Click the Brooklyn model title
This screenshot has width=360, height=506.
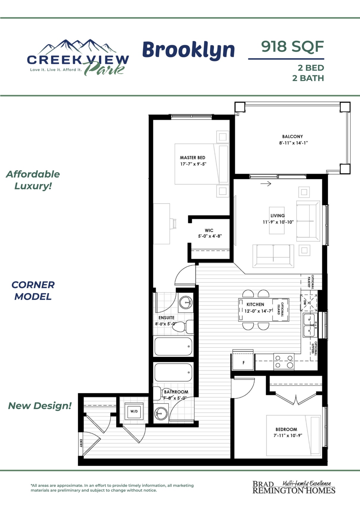point(188,50)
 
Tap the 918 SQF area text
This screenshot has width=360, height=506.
point(292,46)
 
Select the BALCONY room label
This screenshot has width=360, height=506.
point(292,136)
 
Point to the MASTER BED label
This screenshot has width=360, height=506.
point(193,158)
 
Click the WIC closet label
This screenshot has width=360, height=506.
point(209,230)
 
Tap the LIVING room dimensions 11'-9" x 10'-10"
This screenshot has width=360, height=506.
point(278,222)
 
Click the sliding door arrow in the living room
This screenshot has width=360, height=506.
point(266,184)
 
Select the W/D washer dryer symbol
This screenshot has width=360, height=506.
point(134,411)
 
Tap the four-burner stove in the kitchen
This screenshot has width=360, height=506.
point(284,361)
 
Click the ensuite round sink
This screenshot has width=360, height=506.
point(186,302)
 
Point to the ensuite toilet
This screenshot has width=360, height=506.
point(183,327)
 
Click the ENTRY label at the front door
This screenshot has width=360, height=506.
point(81,443)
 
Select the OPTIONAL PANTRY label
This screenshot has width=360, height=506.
point(311,282)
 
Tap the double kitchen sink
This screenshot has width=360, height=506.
point(310,325)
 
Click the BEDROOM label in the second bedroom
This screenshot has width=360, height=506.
point(286,430)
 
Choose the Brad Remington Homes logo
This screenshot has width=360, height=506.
point(294,488)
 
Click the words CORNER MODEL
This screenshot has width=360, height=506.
point(33,291)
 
